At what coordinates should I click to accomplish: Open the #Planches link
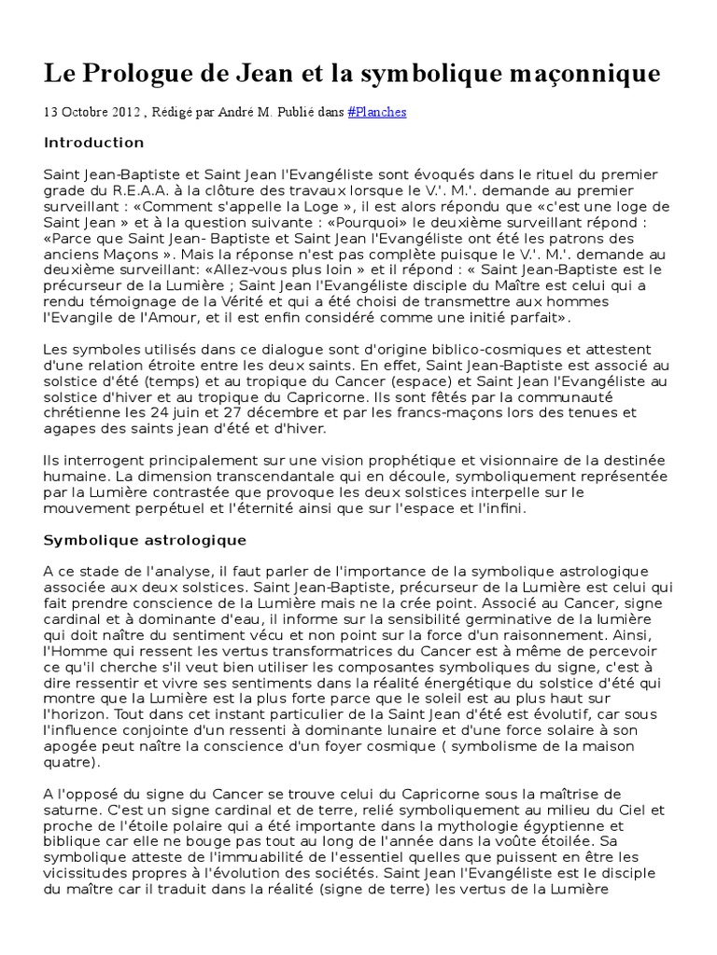376,112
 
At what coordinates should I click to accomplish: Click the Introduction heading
93,143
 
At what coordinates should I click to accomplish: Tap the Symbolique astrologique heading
145,540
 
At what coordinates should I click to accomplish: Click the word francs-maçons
438,412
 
